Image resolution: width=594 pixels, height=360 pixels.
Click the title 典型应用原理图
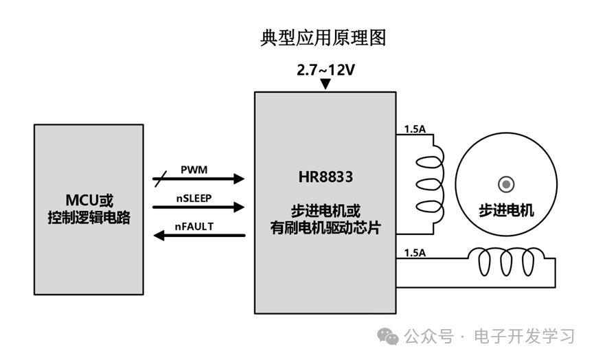point(323,37)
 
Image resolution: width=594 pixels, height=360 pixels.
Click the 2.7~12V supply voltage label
point(325,70)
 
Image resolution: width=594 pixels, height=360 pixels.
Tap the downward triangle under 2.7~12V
point(325,85)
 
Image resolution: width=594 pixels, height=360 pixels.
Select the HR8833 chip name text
point(325,177)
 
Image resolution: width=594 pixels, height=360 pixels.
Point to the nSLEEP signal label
point(194,197)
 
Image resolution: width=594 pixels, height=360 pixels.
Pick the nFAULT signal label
point(194,226)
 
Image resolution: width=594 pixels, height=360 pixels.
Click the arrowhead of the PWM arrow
point(238,179)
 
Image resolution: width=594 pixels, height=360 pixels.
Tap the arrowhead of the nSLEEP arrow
point(238,207)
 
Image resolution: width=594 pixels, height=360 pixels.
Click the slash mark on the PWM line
point(159,179)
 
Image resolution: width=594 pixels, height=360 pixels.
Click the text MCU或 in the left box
point(89,201)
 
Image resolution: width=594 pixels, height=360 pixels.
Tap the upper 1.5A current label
point(415,129)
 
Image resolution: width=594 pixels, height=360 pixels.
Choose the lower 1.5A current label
point(415,253)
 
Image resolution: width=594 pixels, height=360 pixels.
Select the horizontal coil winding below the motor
point(508,262)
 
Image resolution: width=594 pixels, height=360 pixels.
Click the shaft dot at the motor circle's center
point(506,184)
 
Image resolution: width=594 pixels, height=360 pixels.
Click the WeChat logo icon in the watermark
point(389,336)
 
